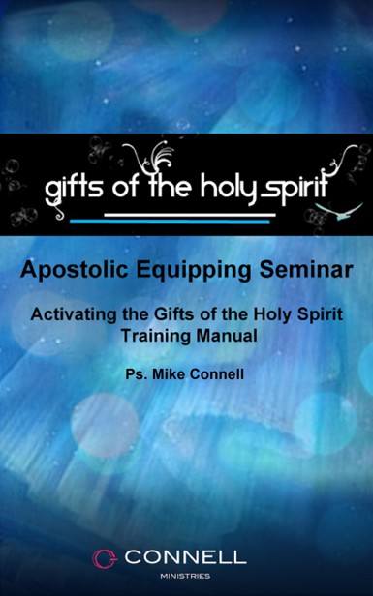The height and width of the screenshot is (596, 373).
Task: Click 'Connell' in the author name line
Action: point(219,370)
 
